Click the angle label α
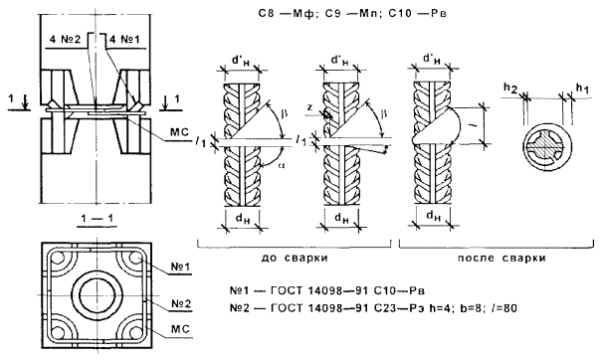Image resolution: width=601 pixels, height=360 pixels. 282,165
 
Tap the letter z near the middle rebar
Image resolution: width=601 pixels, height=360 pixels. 310,107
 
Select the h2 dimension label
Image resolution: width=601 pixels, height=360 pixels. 510,89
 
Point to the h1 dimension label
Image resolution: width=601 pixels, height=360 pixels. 582,89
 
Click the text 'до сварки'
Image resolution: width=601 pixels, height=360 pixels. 295,258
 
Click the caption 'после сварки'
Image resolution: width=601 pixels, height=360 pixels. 501,258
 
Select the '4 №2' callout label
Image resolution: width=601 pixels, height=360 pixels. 65,40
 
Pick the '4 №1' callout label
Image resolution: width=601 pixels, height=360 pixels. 124,40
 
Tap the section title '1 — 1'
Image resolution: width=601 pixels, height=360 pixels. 97,219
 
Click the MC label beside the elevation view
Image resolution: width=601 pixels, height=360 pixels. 180,132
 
